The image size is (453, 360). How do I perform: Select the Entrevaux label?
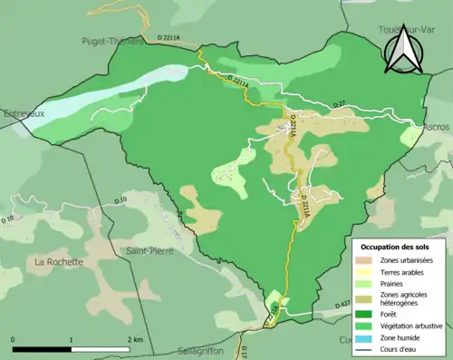pyautogui.click(x=24, y=115)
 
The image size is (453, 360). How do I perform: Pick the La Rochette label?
pyautogui.click(x=58, y=262)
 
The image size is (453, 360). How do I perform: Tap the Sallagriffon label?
pyautogui.click(x=202, y=351)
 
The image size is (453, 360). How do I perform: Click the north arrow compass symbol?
pyautogui.click(x=401, y=50)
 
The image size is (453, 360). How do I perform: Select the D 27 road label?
pyautogui.click(x=339, y=106)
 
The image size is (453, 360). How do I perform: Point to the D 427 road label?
pyautogui.click(x=342, y=305)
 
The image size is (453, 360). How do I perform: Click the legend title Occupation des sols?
pyautogui.click(x=397, y=246)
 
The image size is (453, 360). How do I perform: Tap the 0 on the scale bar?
pyautogui.click(x=14, y=339)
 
